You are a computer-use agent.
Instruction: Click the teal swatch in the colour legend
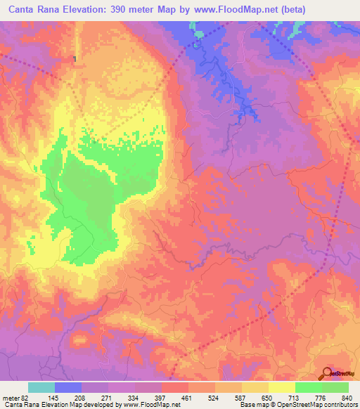[x=41, y=387]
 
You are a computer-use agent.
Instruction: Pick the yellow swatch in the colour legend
[x=282, y=387]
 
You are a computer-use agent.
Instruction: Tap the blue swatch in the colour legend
[x=68, y=387]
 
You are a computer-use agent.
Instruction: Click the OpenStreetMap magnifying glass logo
[x=328, y=372]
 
